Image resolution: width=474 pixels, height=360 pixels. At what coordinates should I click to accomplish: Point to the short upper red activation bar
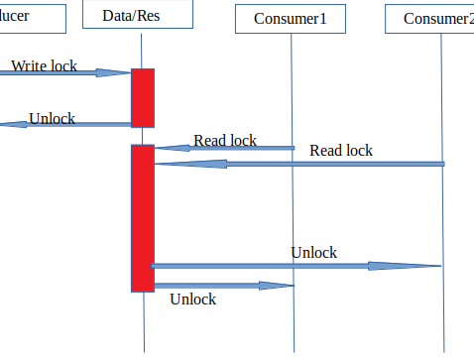click(x=143, y=97)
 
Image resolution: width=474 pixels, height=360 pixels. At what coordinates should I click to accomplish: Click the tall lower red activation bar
click(x=143, y=218)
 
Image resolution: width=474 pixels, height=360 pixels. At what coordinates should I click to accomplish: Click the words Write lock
click(x=44, y=65)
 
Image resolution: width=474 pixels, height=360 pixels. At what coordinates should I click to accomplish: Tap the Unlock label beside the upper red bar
click(x=52, y=118)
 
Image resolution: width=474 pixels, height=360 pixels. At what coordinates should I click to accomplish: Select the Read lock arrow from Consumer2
click(x=297, y=164)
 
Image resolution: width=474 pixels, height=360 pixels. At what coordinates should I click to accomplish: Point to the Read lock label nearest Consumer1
click(x=225, y=140)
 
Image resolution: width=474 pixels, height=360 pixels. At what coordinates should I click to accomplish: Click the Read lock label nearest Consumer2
click(x=341, y=151)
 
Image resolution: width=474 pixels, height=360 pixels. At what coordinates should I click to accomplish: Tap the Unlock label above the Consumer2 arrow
click(x=313, y=253)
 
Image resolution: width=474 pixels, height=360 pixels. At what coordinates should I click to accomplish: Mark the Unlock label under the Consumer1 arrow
click(x=192, y=298)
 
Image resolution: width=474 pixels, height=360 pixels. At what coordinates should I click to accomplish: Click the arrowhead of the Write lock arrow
click(x=120, y=72)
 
